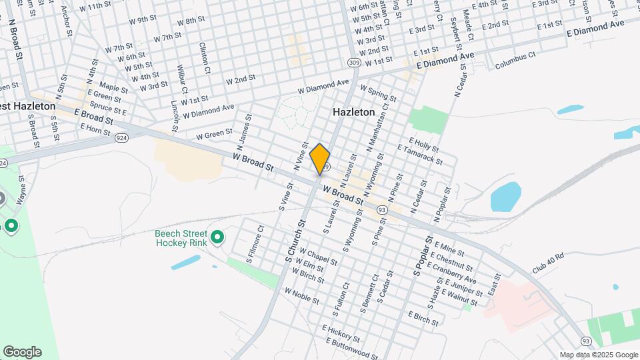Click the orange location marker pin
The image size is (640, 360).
coord(320,159)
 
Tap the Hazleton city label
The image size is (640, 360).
coord(353,113)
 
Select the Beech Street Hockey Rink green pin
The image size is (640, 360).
coord(217,237)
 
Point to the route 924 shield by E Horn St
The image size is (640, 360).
coord(121,137)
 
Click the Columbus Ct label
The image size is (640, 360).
coord(515,61)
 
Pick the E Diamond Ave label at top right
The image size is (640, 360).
coord(595,28)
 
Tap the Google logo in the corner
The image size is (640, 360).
coord(22,351)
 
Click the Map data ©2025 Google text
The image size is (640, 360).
coord(598,355)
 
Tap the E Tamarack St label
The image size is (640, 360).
coord(420,154)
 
